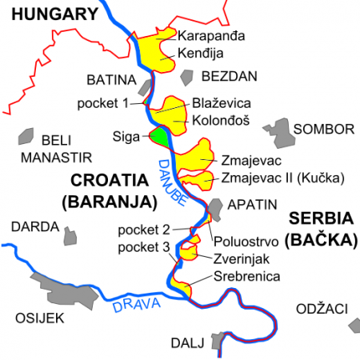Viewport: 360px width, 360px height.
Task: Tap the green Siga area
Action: click(x=160, y=137)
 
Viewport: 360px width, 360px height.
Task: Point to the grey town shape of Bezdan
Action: click(x=187, y=77)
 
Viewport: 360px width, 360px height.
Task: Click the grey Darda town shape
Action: click(x=70, y=237)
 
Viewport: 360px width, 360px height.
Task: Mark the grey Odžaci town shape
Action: click(x=354, y=324)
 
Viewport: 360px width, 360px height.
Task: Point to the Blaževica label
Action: click(x=222, y=104)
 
